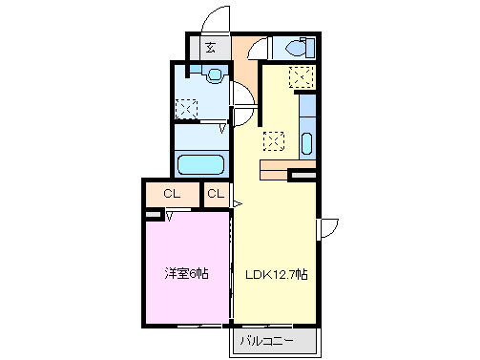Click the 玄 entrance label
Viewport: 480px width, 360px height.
210,46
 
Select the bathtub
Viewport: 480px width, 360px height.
200,163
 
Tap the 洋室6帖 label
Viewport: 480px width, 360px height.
186,274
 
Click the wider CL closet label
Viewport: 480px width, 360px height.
172,195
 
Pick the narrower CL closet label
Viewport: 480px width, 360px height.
216,195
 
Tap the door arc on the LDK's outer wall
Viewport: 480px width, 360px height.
329,228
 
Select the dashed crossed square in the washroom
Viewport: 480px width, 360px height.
185,108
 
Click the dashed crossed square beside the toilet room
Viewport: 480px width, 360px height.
303,78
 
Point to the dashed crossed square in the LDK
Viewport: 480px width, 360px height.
274,140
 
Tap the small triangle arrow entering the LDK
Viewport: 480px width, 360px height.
237,201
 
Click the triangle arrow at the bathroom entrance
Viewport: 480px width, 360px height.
223,127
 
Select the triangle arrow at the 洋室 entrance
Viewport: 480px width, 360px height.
170,215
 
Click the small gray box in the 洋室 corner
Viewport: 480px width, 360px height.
151,215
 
